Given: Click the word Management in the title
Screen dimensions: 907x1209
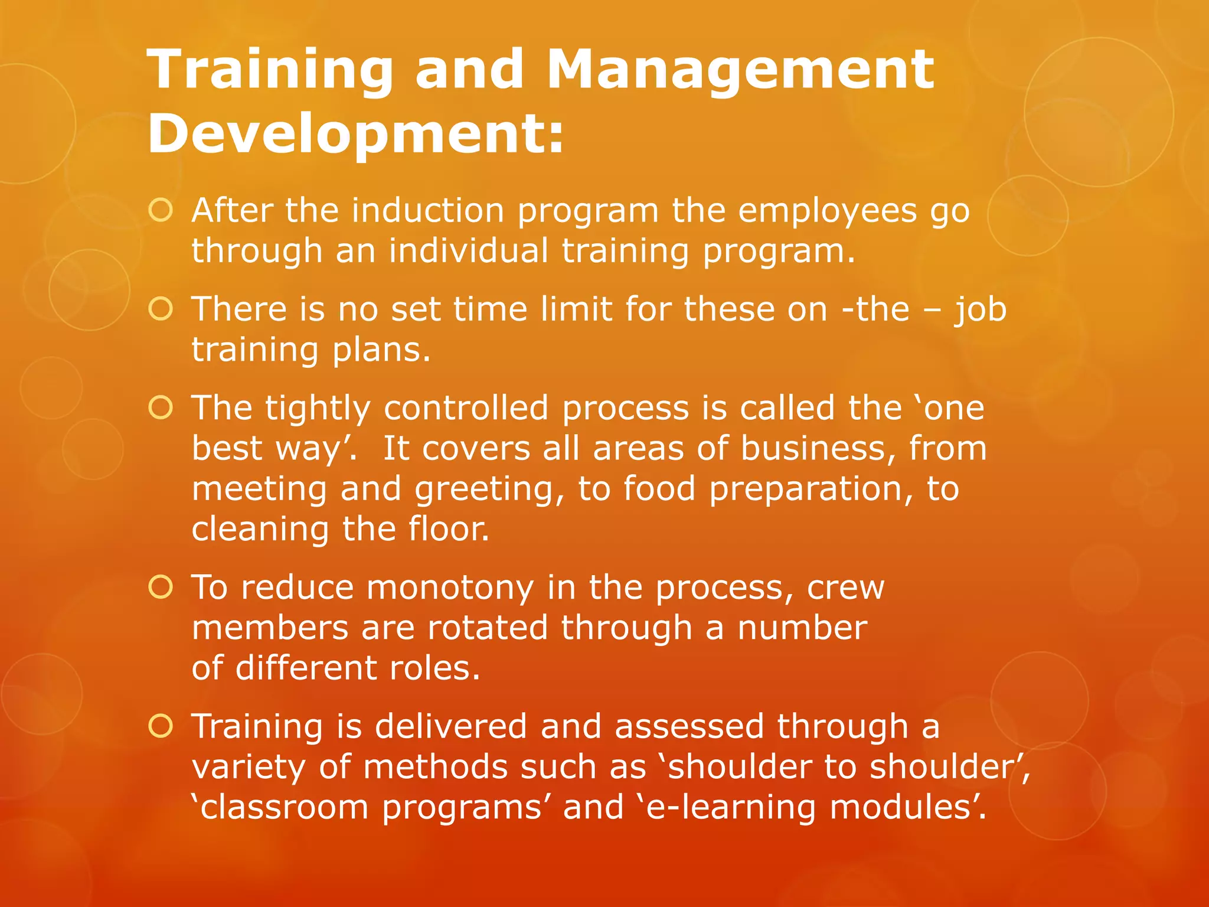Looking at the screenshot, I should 740,71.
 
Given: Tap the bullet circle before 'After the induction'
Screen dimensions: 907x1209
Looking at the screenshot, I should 161,210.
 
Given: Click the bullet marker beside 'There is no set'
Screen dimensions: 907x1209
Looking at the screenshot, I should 161,309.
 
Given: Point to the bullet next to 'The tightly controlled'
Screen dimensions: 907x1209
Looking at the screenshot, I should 161,407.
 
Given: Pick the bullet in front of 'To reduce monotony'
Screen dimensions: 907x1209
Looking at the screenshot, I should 161,587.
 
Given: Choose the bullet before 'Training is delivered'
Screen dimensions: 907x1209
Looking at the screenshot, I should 161,726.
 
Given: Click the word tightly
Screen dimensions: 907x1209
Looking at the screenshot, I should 318,409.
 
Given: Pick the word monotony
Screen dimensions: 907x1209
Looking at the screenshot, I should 450,589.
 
